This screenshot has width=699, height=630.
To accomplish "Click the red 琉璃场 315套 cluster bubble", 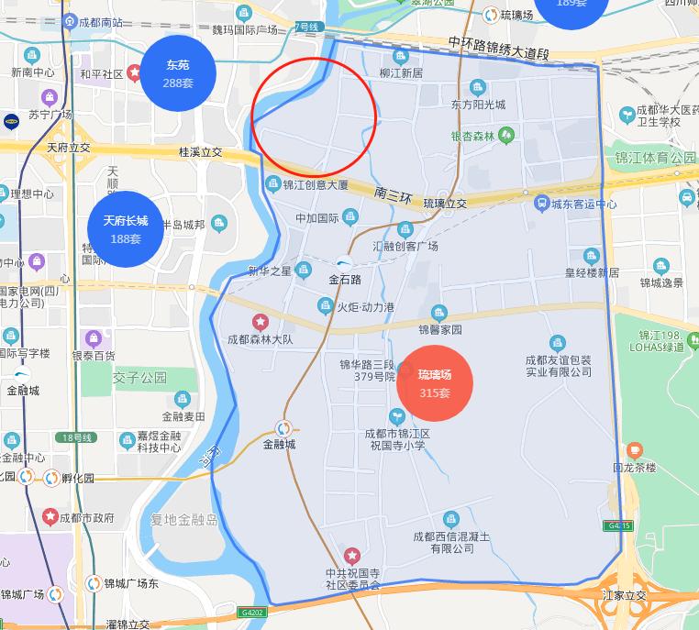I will pyautogui.click(x=435, y=382).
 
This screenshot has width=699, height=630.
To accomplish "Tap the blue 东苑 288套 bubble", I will pyautogui.click(x=178, y=72).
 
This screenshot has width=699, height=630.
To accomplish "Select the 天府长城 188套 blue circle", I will pyautogui.click(x=125, y=228).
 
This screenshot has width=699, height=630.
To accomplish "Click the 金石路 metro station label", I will pyautogui.click(x=345, y=279).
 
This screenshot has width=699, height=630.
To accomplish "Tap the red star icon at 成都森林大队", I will pyautogui.click(x=261, y=322).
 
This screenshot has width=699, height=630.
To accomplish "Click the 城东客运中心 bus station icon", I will pyautogui.click(x=541, y=203).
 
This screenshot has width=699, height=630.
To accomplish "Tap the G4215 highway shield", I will pyautogui.click(x=618, y=525).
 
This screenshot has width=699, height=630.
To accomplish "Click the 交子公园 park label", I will pyautogui.click(x=140, y=377).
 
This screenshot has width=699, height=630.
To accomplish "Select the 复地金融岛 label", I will pyautogui.click(x=185, y=520).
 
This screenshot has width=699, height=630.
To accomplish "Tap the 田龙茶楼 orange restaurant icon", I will pyautogui.click(x=634, y=450).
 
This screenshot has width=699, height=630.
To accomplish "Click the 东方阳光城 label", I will pyautogui.click(x=478, y=105).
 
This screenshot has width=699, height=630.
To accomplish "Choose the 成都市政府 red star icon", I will pyautogui.click(x=50, y=517).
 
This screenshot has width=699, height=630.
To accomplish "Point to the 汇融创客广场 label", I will pyautogui.click(x=405, y=246).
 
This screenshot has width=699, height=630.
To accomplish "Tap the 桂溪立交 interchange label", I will pyautogui.click(x=201, y=151).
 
